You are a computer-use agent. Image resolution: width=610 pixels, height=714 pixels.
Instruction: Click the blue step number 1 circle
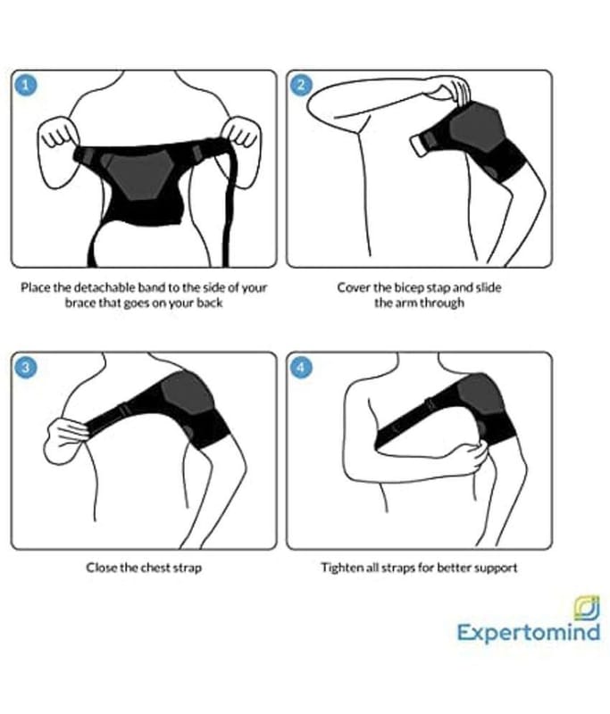point(26,85)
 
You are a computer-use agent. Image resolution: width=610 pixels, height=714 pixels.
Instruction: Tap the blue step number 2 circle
point(301,85)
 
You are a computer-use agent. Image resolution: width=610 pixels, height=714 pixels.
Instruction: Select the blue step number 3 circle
point(26,367)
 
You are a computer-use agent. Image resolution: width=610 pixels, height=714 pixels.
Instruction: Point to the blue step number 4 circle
point(301,367)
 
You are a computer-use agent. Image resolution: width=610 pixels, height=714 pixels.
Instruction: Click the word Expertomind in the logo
point(529,633)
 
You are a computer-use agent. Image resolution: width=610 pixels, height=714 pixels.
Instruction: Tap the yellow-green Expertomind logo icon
point(586,608)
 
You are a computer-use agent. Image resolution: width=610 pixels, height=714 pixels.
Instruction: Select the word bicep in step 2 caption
point(408,288)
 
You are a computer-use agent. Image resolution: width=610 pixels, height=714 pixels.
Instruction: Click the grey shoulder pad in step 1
point(139,175)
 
